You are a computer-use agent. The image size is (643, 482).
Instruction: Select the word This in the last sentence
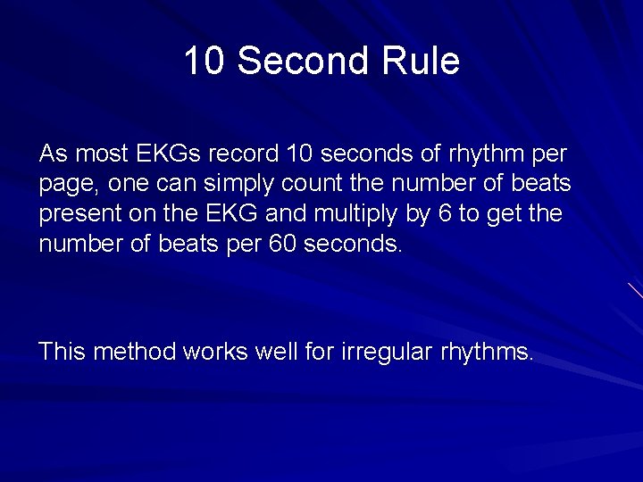point(62,352)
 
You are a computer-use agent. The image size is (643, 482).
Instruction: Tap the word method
point(135,352)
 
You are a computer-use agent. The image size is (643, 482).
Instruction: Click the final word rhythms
point(486,352)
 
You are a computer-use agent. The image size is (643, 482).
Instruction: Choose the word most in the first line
point(101,154)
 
